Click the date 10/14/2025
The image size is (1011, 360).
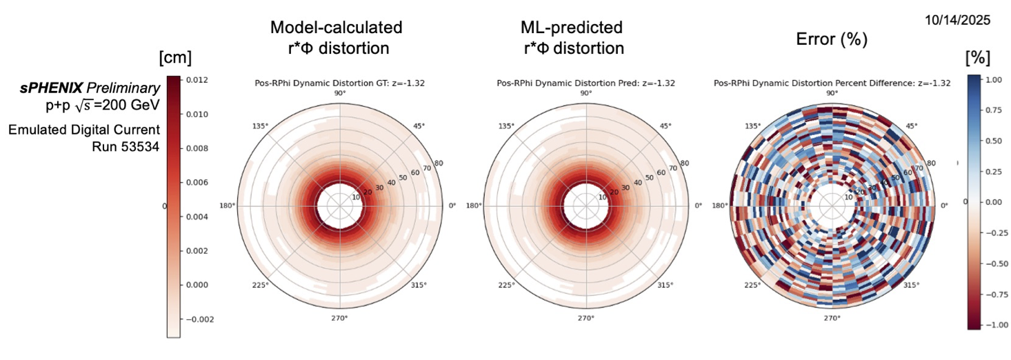pos(957,21)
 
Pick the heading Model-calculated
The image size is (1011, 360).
pos(336,28)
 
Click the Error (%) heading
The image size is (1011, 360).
pos(831,39)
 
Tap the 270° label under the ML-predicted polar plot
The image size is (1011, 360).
pos(585,318)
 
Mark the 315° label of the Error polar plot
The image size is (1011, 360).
pos(911,285)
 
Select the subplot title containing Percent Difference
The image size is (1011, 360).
pos(832,83)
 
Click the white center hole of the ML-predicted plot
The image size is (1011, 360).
pos(585,206)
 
